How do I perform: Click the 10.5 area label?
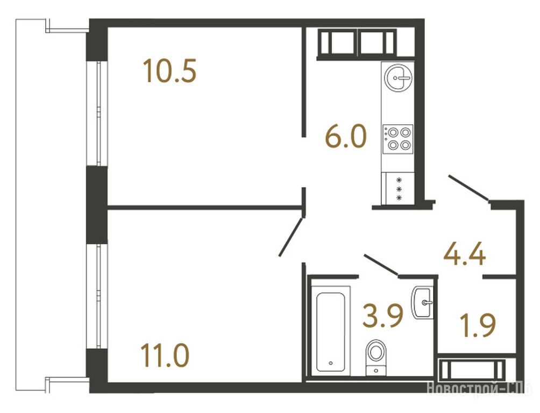[x=170, y=71]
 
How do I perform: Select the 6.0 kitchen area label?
[x=346, y=136]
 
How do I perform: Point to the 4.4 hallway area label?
[x=465, y=254]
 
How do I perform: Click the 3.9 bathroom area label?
[x=382, y=316]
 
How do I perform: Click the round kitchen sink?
[x=398, y=77]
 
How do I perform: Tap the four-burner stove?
[x=398, y=139]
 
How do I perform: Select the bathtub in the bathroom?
[x=330, y=332]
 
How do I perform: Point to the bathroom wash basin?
[x=422, y=302]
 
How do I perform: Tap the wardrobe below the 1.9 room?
[x=472, y=369]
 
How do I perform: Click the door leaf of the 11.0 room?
[x=291, y=237]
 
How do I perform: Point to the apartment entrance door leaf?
[x=468, y=188]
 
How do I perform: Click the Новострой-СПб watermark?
[x=480, y=388]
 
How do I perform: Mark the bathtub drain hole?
[x=330, y=362]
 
